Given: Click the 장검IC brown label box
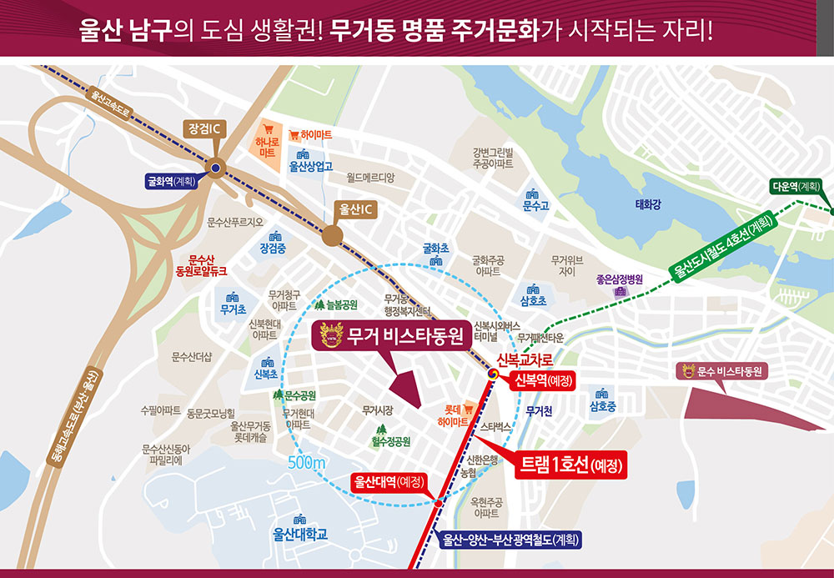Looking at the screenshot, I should [x=204, y=129].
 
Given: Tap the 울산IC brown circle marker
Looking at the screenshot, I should [x=333, y=235].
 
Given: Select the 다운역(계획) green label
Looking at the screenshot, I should [x=800, y=188].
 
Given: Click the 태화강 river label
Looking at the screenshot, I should [x=648, y=205].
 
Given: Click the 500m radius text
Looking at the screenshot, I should [x=307, y=464].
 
